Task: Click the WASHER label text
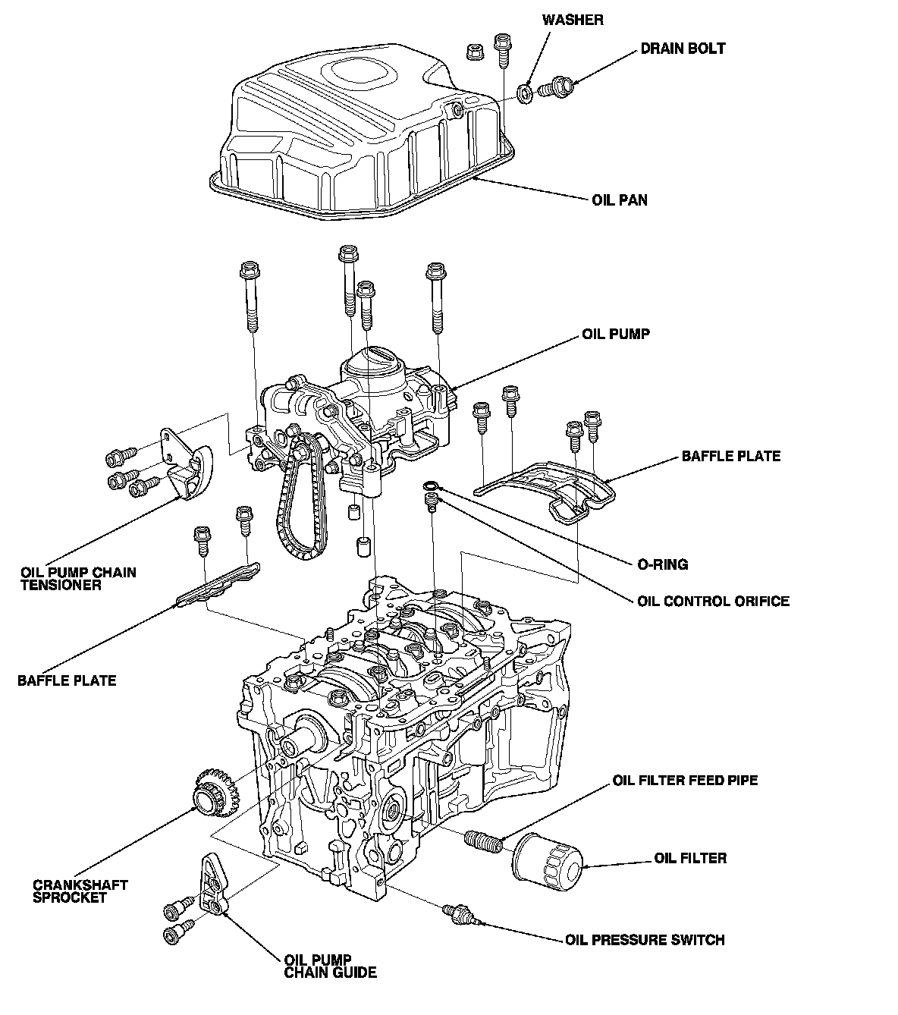coord(573,20)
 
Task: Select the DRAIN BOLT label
coord(683,49)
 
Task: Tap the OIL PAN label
coord(620,200)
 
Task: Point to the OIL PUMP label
coord(616,334)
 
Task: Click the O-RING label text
coord(662,564)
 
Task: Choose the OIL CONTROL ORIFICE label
coord(713,601)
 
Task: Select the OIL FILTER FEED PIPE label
coord(685,781)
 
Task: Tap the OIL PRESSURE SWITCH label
coord(645,940)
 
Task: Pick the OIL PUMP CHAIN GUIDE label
coord(330,966)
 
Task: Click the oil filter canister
coord(548,862)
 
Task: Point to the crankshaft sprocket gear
coord(216,794)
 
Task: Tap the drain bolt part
coord(555,87)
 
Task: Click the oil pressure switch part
coord(463,914)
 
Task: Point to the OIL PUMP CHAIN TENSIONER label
coord(78,579)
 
